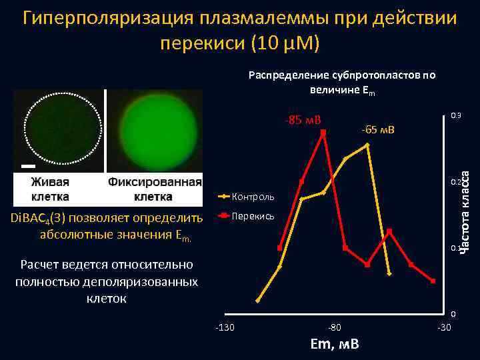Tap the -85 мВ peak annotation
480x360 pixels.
[x=303, y=121]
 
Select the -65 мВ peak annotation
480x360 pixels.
[x=377, y=129]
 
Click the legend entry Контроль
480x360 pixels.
[x=253, y=197]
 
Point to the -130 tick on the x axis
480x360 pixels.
[x=225, y=327]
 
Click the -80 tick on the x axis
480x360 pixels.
[x=335, y=327]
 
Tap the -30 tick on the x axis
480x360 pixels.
[x=443, y=327]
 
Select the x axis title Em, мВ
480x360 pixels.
[x=335, y=344]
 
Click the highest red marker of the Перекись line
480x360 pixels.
[x=323, y=133]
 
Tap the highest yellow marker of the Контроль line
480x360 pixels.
[x=367, y=145]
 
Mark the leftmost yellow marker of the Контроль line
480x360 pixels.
[x=258, y=301]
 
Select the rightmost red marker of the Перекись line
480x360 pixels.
[x=433, y=281]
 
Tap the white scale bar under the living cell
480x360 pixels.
[x=27, y=165]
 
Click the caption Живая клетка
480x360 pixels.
[x=51, y=189]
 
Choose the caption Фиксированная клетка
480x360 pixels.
[x=155, y=189]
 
